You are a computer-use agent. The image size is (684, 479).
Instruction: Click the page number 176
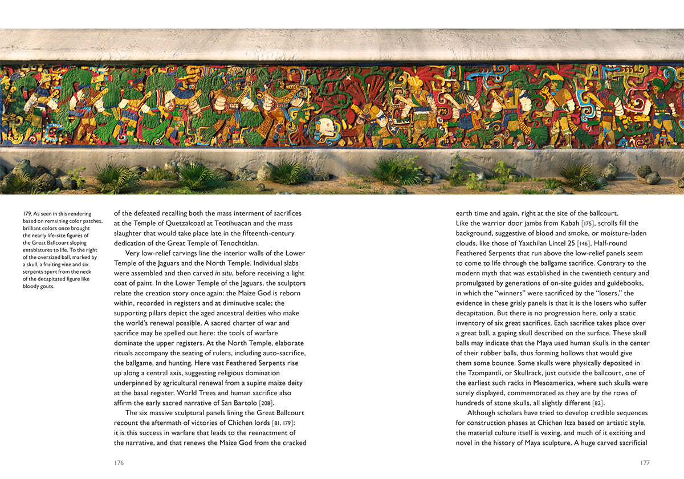(119, 463)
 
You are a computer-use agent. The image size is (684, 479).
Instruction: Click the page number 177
(645, 463)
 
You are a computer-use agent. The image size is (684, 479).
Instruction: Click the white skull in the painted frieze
(325, 127)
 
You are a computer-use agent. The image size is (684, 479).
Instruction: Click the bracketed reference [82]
(587, 403)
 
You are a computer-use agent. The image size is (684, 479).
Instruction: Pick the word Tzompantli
(474, 373)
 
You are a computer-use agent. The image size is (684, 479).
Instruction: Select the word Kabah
(541, 224)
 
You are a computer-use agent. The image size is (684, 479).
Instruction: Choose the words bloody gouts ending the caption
(38, 286)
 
